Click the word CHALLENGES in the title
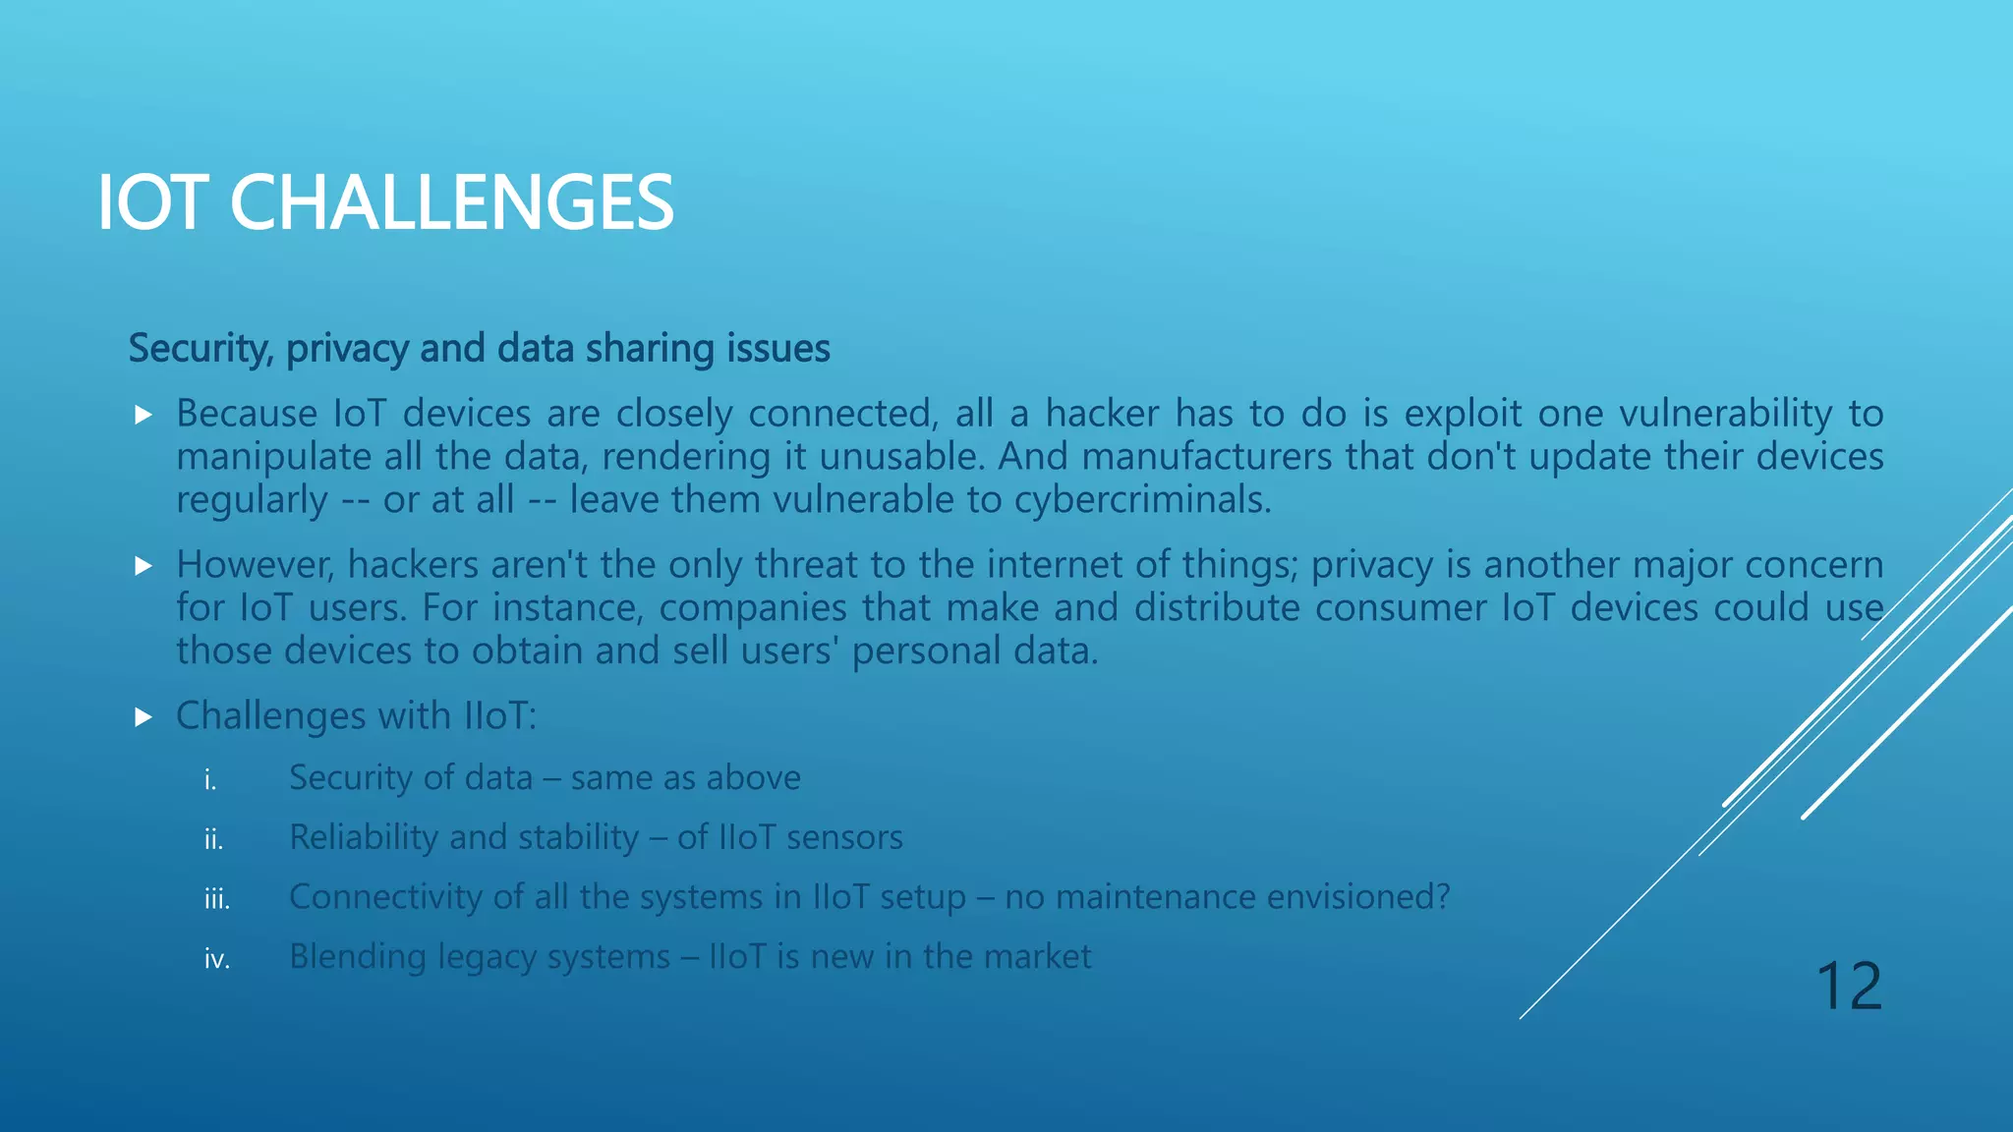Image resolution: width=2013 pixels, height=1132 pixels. click(451, 202)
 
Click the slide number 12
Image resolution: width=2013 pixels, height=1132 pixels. click(1848, 986)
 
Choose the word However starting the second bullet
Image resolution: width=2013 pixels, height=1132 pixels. click(255, 565)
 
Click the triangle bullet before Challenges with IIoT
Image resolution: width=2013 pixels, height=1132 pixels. click(144, 717)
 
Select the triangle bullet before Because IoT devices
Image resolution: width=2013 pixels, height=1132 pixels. click(144, 415)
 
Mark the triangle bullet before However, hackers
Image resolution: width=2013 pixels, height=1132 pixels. click(144, 566)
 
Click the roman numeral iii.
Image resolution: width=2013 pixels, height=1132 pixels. click(216, 899)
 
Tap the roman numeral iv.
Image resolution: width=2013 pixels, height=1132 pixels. click(216, 959)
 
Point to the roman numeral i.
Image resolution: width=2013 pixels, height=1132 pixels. click(209, 780)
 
